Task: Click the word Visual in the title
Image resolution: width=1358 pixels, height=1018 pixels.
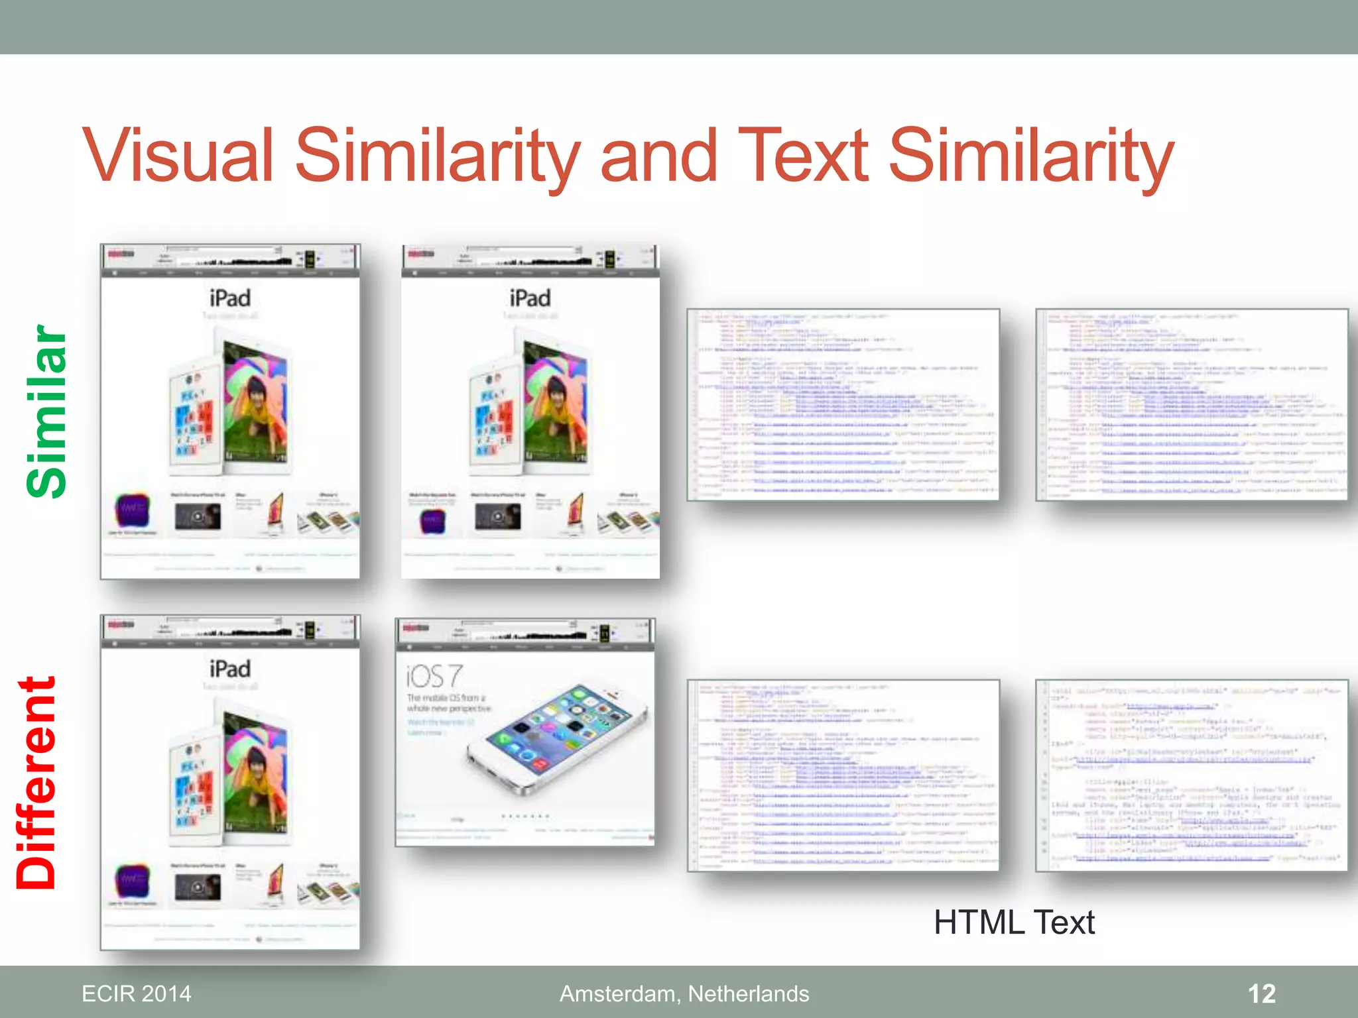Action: pyautogui.click(x=178, y=156)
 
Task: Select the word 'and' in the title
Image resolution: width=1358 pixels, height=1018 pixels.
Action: pyautogui.click(x=658, y=156)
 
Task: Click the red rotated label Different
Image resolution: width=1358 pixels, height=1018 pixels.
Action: pyautogui.click(x=36, y=783)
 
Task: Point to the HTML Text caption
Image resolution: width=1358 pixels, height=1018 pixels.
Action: pyautogui.click(x=1014, y=922)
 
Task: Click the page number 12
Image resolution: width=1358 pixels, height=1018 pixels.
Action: pyautogui.click(x=1261, y=993)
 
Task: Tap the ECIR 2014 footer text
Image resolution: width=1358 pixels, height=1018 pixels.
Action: pyautogui.click(x=136, y=993)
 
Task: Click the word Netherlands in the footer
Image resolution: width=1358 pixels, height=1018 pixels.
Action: pyautogui.click(x=749, y=993)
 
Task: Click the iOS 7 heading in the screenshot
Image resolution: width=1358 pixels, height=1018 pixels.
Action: pyautogui.click(x=434, y=677)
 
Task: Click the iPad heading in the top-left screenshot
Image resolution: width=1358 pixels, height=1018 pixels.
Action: pyautogui.click(x=230, y=298)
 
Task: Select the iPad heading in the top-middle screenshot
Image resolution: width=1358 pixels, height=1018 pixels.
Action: pyautogui.click(x=530, y=298)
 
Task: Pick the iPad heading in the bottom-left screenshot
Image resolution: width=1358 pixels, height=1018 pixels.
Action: pyautogui.click(x=230, y=669)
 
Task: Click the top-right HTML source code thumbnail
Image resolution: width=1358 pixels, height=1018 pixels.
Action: pyautogui.click(x=1192, y=404)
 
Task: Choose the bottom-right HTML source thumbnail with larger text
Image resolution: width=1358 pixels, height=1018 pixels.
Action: pyautogui.click(x=1192, y=775)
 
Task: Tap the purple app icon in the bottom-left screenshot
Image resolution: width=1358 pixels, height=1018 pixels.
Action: pyautogui.click(x=133, y=881)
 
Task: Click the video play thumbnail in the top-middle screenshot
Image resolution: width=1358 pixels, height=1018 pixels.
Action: pyautogui.click(x=498, y=516)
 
